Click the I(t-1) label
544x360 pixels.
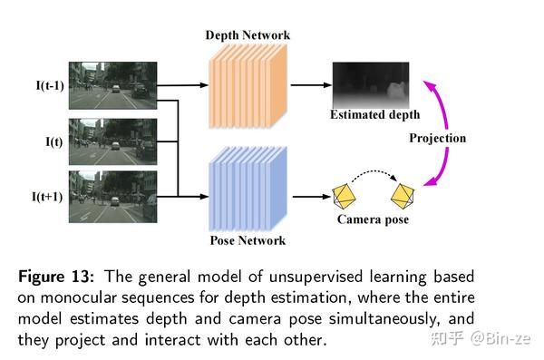point(48,88)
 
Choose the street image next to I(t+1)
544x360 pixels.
point(118,194)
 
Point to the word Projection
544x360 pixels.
point(437,139)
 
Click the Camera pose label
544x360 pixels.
point(373,219)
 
